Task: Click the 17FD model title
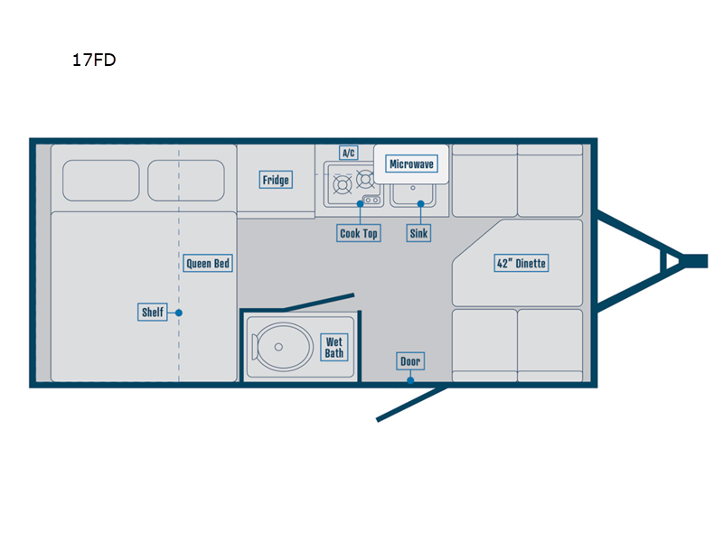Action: tap(94, 60)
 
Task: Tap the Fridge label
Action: tap(276, 180)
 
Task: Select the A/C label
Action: tap(349, 153)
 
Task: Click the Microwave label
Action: tap(411, 164)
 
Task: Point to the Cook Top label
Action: tap(359, 233)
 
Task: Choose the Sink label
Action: tap(418, 233)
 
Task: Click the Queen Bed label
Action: tap(208, 263)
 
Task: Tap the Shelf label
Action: tap(153, 312)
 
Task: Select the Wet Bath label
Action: tap(334, 348)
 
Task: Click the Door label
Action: tap(410, 361)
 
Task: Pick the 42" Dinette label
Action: tap(521, 263)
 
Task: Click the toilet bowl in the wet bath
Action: tap(282, 347)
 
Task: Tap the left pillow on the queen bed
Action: tap(101, 180)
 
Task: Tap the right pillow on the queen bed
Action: tap(186, 180)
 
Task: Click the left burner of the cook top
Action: tap(343, 185)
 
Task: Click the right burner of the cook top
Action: tap(366, 179)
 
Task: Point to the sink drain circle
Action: tap(413, 188)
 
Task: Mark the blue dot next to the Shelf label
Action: tap(179, 313)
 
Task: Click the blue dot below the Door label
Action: tap(410, 380)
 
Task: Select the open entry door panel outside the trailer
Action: tap(412, 404)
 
